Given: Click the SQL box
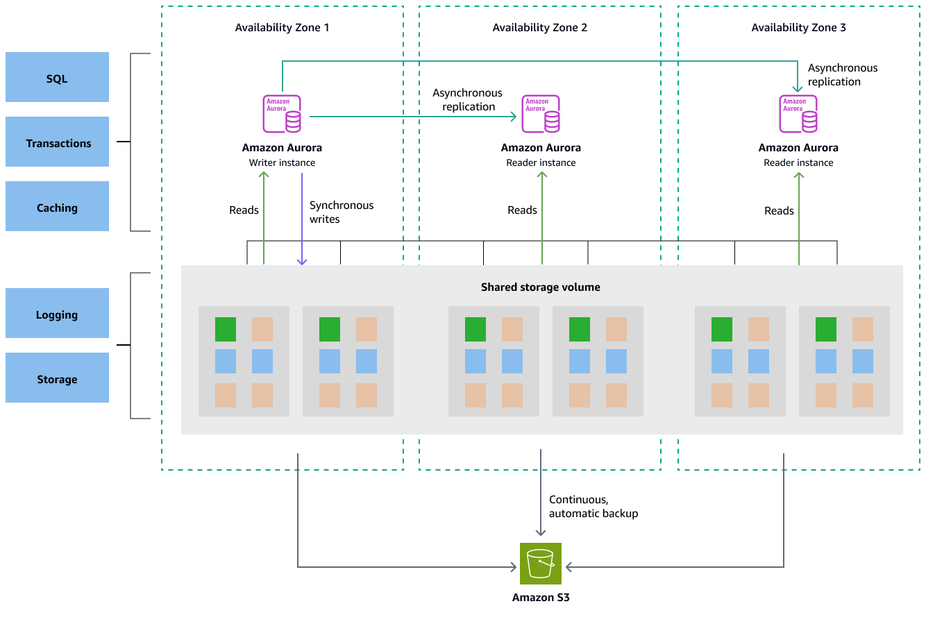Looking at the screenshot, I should point(57,77).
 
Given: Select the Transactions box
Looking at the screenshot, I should point(57,142).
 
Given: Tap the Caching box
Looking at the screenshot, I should point(57,207).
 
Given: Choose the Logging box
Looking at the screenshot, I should point(57,314).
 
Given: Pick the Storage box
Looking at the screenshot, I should point(57,378).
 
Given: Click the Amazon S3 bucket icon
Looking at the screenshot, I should point(540,563).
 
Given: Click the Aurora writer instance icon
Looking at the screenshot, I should point(282,114).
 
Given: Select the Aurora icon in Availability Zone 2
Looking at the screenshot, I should point(541,114).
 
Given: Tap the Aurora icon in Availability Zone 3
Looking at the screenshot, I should point(798,114).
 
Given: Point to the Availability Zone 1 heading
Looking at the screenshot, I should point(282,28).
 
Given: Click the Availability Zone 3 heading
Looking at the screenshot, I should point(798,28).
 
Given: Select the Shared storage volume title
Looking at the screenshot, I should point(540,287).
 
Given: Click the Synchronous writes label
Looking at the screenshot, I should point(341,212).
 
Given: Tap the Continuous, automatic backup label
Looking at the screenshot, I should point(593,507).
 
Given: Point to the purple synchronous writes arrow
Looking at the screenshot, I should point(302,219).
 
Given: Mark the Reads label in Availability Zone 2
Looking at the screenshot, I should point(522,210).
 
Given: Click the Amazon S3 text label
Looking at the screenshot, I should point(541,598).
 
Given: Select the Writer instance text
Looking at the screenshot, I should point(282,163).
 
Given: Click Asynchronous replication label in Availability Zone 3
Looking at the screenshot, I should point(842,75).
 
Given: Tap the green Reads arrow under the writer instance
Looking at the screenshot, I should point(264,219).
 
